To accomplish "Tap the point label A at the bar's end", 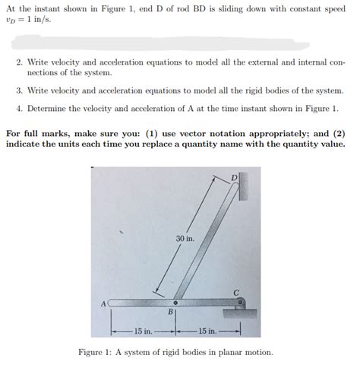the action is tap(103, 304).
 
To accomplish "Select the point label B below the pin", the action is tap(171, 312).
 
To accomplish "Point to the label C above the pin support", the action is tap(236, 293).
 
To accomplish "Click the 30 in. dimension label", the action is tap(185, 239).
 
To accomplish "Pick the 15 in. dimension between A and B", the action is tap(144, 331).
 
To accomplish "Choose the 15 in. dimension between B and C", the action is tap(208, 331).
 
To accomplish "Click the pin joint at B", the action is tap(175, 303).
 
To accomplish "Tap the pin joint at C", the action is tap(241, 302).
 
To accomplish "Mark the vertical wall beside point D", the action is tap(243, 186).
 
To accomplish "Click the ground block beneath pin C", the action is tap(240, 313).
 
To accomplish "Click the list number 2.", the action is tap(19, 62).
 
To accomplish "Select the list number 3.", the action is tap(19, 90).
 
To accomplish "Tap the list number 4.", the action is tap(19, 109).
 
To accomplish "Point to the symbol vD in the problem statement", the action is tap(11, 21).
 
